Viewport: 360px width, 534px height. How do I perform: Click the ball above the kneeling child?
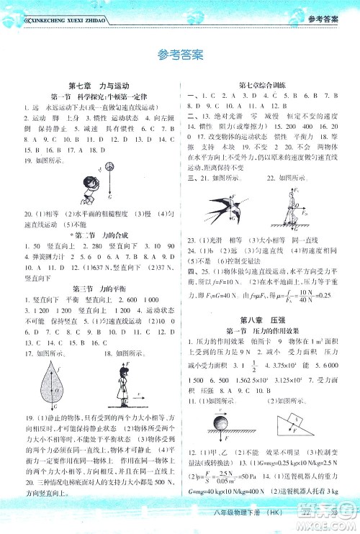(110, 168)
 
